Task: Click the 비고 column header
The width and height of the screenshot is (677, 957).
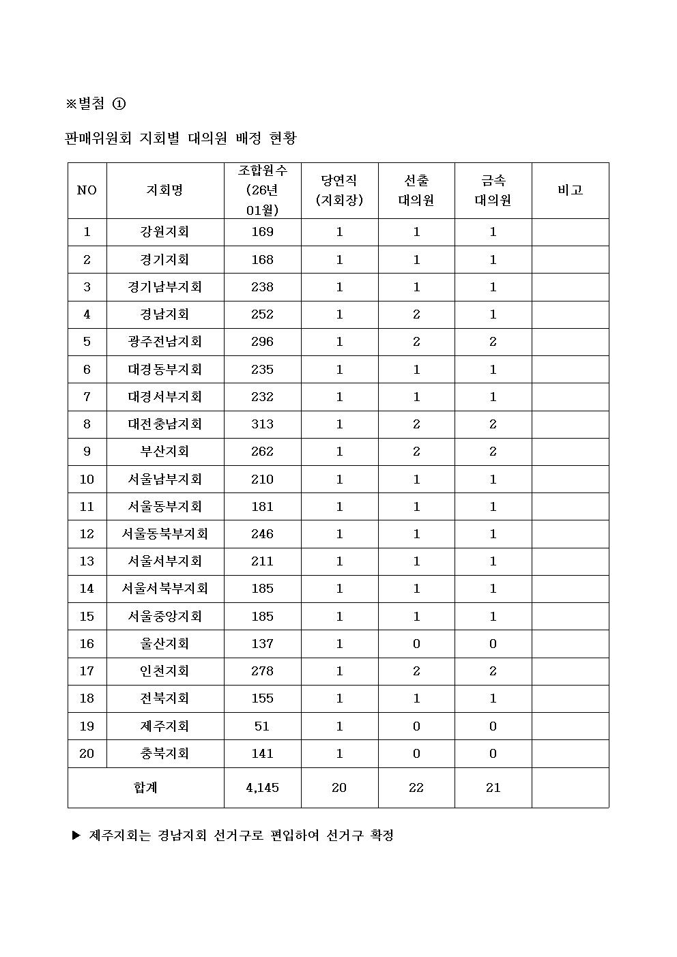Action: click(x=570, y=190)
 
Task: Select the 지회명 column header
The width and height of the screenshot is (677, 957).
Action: click(x=164, y=190)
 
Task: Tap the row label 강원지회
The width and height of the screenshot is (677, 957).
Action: click(x=164, y=232)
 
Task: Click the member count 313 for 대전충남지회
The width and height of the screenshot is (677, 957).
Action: click(x=262, y=424)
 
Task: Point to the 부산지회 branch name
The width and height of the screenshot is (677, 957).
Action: click(x=164, y=452)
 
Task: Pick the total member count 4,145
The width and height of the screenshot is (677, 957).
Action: click(x=262, y=788)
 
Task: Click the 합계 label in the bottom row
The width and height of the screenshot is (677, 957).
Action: click(x=145, y=788)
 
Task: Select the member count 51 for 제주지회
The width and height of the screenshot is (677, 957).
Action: click(x=262, y=726)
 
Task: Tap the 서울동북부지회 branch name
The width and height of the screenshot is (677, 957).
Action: click(x=164, y=534)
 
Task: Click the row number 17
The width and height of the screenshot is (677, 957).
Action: click(x=87, y=671)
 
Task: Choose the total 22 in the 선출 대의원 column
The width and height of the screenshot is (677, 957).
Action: click(x=416, y=788)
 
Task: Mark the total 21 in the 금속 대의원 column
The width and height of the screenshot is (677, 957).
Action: click(x=493, y=788)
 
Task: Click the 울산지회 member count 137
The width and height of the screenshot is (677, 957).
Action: click(x=262, y=644)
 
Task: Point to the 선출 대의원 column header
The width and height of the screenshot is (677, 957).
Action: click(x=416, y=190)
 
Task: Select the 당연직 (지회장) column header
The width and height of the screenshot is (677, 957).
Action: click(x=339, y=190)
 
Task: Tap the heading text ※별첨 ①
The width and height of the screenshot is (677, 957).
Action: click(x=96, y=104)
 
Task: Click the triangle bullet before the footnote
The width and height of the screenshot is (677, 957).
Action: click(x=76, y=836)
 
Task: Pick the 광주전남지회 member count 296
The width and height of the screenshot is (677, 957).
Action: click(x=262, y=342)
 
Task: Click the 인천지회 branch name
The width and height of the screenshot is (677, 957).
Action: click(x=164, y=671)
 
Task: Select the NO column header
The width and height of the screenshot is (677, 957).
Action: click(x=87, y=190)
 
